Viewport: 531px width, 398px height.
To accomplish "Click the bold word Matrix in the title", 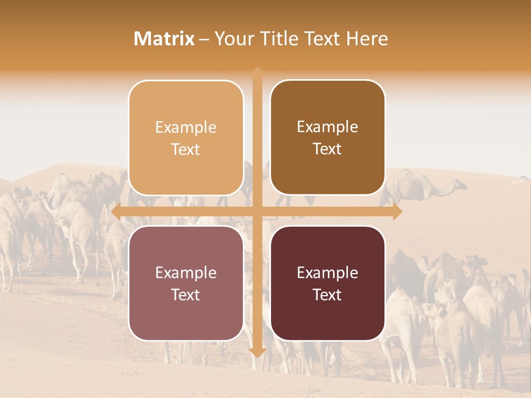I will coord(164,39).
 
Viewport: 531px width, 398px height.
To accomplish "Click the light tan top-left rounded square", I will coord(186,166).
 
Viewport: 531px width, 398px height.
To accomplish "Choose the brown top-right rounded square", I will coord(327,171).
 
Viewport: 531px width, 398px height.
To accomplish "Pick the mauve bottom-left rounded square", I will coord(186,315).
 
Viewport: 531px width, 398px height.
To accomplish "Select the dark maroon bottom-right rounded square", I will coord(327,315).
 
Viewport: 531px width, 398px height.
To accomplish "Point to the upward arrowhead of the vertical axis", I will coord(257,72).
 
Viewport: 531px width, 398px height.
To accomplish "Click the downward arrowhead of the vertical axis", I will coord(257,352).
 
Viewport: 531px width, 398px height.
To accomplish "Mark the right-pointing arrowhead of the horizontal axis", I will coord(397,212).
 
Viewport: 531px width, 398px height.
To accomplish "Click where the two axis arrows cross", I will coord(257,212).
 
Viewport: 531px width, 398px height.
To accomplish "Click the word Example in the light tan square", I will coord(186,128).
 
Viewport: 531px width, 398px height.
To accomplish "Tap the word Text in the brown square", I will coord(327,149).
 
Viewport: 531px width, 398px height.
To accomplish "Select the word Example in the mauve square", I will coord(186,273).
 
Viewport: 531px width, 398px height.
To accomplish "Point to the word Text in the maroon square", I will coord(327,295).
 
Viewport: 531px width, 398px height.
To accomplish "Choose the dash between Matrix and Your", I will coord(204,39).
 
